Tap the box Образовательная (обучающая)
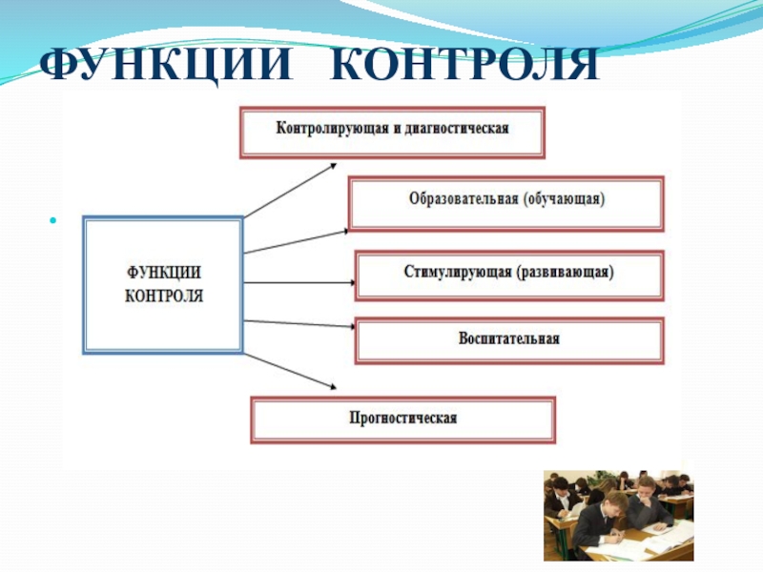click(506, 202)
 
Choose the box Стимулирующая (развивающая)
click(509, 274)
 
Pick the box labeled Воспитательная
click(509, 339)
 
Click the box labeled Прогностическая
click(402, 419)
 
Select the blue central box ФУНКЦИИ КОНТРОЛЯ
click(164, 284)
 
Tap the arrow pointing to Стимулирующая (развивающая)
click(299, 283)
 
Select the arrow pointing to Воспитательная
click(299, 324)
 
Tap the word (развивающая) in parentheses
click(567, 273)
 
